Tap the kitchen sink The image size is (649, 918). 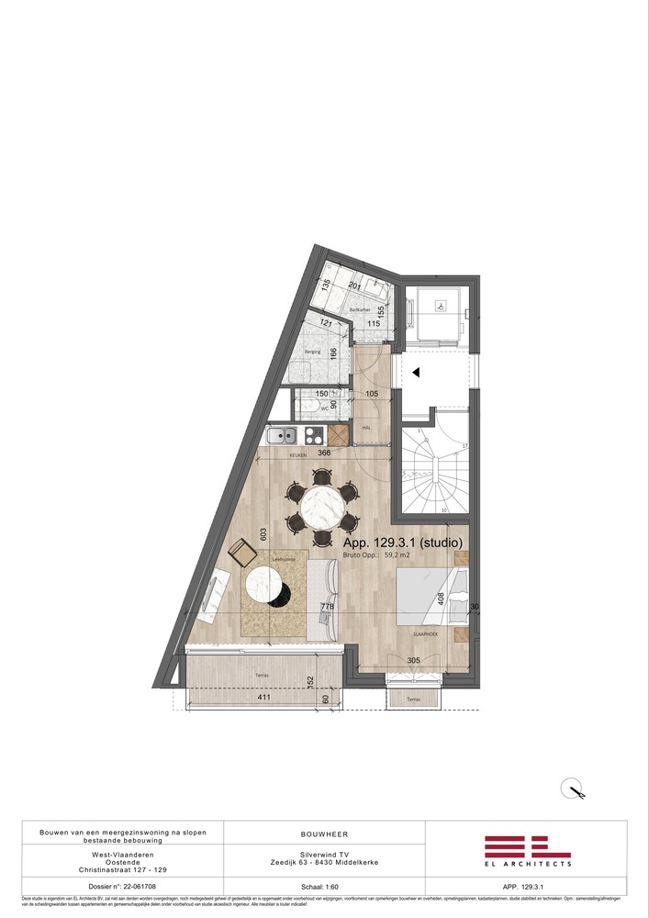[281, 436]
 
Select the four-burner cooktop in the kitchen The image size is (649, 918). [312, 436]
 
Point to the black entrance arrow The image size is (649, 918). [415, 373]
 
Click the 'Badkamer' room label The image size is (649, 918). [359, 311]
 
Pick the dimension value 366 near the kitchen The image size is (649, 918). [324, 453]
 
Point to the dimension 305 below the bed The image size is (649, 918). [413, 661]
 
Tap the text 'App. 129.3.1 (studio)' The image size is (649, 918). [409, 543]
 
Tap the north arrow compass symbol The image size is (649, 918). [576, 789]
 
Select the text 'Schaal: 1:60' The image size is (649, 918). [324, 888]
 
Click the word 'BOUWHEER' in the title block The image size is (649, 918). [324, 834]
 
